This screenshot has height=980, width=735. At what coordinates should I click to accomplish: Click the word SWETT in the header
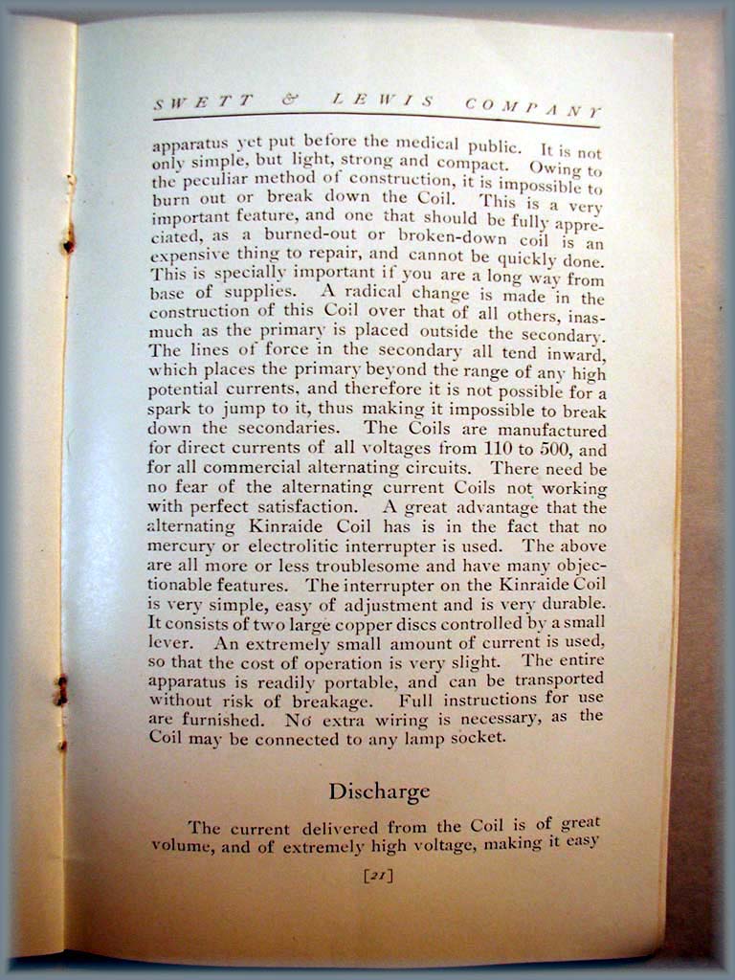click(203, 99)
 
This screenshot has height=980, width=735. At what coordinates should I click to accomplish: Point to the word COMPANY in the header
click(533, 108)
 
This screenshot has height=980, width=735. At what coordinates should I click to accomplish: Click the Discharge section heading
click(379, 791)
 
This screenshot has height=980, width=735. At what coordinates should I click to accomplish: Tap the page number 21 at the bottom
click(379, 874)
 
